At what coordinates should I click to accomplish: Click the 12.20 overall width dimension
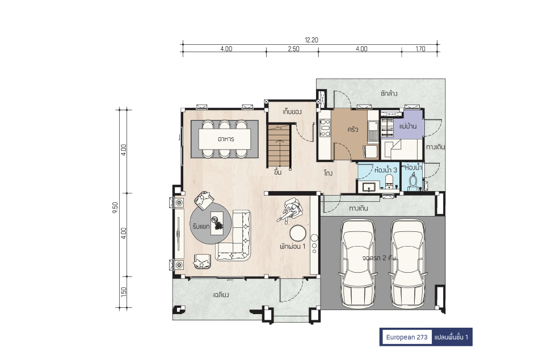pyautogui.click(x=311, y=40)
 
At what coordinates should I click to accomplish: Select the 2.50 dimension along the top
pyautogui.click(x=294, y=49)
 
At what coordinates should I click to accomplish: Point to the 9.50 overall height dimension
pyautogui.click(x=115, y=207)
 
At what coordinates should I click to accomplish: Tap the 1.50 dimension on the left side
pyautogui.click(x=124, y=292)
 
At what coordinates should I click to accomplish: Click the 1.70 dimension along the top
pyautogui.click(x=420, y=49)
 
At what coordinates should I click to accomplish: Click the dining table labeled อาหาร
pyautogui.click(x=225, y=139)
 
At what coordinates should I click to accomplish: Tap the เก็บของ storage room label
pyautogui.click(x=292, y=112)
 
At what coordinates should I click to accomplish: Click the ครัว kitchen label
pyautogui.click(x=353, y=129)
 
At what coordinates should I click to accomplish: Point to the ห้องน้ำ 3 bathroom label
pyautogui.click(x=386, y=170)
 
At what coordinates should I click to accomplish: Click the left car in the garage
pyautogui.click(x=358, y=263)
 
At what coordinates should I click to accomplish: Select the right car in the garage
pyautogui.click(x=407, y=263)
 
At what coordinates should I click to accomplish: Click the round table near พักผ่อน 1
pyautogui.click(x=298, y=234)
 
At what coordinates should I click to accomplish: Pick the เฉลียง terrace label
pyautogui.click(x=221, y=295)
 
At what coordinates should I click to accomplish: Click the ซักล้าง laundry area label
pyautogui.click(x=389, y=94)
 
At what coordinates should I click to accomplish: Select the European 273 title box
pyautogui.click(x=407, y=337)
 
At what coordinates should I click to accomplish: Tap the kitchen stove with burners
pyautogui.click(x=325, y=128)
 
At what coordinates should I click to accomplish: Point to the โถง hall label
pyautogui.click(x=328, y=173)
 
